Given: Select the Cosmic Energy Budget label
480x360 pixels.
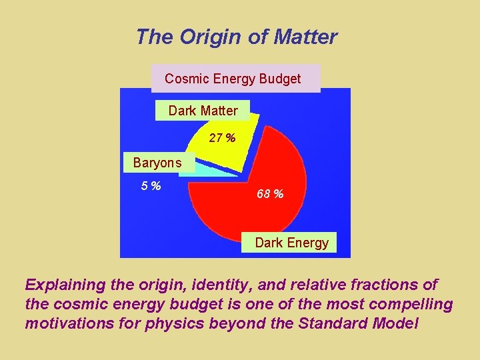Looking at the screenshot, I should (x=233, y=79).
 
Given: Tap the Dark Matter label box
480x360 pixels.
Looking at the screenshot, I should (x=203, y=111).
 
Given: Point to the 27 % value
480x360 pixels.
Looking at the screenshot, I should (x=222, y=139).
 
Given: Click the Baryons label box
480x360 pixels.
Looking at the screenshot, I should (x=157, y=163).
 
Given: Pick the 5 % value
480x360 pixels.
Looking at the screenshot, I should (x=151, y=186).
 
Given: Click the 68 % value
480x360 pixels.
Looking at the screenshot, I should (x=270, y=194).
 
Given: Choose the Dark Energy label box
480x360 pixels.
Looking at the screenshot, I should (x=291, y=243).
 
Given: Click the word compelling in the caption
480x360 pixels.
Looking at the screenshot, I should (x=411, y=305).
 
